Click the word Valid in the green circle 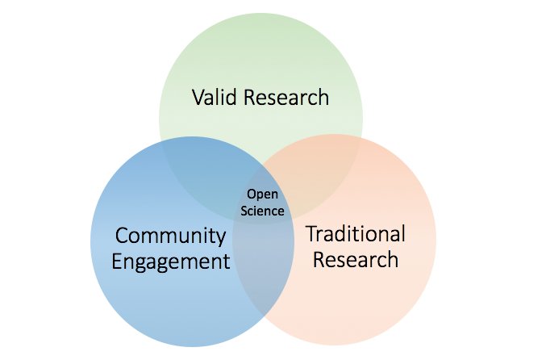pos(213,98)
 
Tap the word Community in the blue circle pos(170,236)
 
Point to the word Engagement pos(170,262)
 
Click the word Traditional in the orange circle pos(356,234)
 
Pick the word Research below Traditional pos(356,260)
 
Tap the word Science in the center pos(265,211)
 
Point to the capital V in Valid pos(198,98)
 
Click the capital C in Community pos(122,236)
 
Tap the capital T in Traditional pos(311,234)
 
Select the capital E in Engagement pos(117,262)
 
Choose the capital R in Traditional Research pos(319,260)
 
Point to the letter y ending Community pos(220,238)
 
